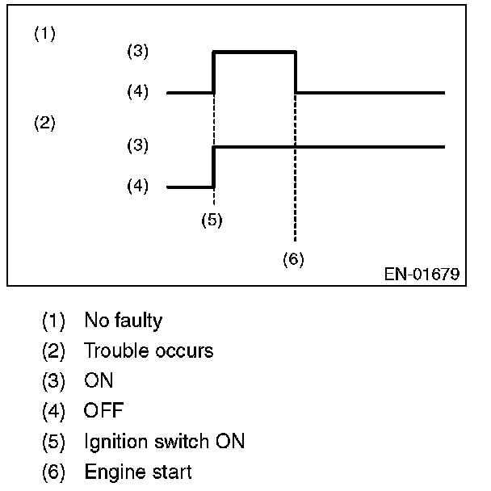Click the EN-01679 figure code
[x=422, y=275]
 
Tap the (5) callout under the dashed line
[x=212, y=220]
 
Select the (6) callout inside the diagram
[x=293, y=259]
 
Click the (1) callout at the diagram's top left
[x=44, y=34]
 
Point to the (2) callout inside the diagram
[x=44, y=124]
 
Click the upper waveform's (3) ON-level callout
[x=139, y=51]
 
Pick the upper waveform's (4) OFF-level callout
[x=139, y=92]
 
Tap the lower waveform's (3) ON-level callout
[x=139, y=146]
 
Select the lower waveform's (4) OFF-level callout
[x=139, y=187]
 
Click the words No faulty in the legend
[x=123, y=321]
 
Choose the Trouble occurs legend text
[x=149, y=351]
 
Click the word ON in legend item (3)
[x=99, y=381]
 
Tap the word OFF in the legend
[x=103, y=411]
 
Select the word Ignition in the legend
[x=111, y=442]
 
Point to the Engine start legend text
[x=137, y=472]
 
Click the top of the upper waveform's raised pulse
[x=254, y=52]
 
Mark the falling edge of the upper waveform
[x=296, y=73]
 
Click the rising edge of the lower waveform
[x=213, y=167]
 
